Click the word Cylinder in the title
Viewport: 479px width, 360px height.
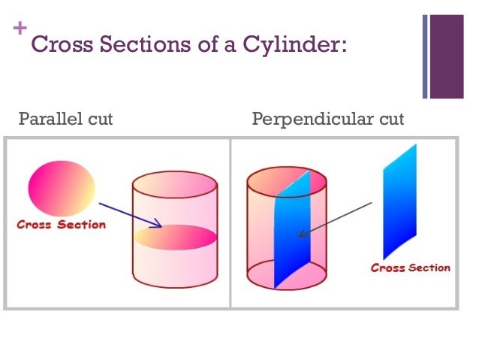pyautogui.click(x=295, y=45)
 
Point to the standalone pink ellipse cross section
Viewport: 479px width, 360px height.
pyautogui.click(x=62, y=188)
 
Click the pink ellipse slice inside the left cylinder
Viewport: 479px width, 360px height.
pyautogui.click(x=176, y=237)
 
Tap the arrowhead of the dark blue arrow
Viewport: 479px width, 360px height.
pyautogui.click(x=158, y=223)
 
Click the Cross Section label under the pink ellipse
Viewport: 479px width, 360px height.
pyautogui.click(x=61, y=225)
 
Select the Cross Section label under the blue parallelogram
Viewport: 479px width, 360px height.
pyautogui.click(x=411, y=268)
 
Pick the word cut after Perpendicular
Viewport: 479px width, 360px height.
pyautogui.click(x=391, y=119)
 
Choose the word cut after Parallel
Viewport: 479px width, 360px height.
pyautogui.click(x=99, y=119)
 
